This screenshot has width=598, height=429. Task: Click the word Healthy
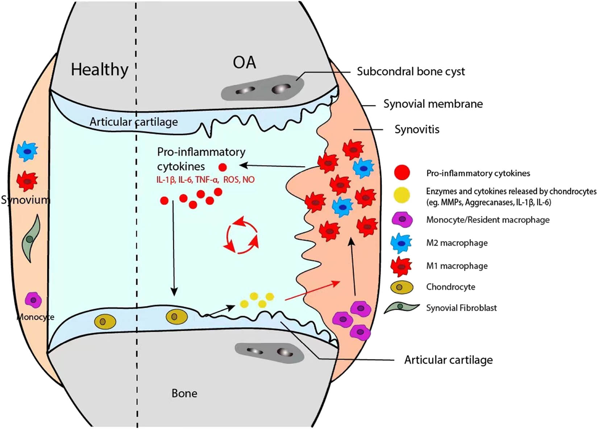pyautogui.click(x=99, y=69)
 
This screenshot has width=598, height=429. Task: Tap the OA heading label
pyautogui.click(x=244, y=62)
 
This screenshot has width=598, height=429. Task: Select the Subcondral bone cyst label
pyautogui.click(x=411, y=71)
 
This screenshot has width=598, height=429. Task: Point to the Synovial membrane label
pyautogui.click(x=433, y=104)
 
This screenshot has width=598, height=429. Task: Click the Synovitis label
pyautogui.click(x=417, y=129)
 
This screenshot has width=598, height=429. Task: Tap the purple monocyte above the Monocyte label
pyautogui.click(x=33, y=300)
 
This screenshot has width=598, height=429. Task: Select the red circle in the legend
pyautogui.click(x=402, y=173)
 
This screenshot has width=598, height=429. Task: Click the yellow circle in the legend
pyautogui.click(x=402, y=195)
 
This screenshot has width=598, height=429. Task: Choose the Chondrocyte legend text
pyautogui.click(x=450, y=287)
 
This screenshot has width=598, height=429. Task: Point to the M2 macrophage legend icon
pyautogui.click(x=401, y=243)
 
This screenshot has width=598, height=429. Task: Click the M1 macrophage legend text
pyautogui.click(x=457, y=266)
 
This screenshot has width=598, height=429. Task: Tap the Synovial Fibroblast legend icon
pyautogui.click(x=401, y=308)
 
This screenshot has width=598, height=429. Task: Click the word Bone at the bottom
pyautogui.click(x=184, y=393)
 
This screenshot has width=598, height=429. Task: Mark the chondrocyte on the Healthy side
pyautogui.click(x=105, y=321)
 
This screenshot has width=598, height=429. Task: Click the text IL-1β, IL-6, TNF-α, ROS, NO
pyautogui.click(x=205, y=180)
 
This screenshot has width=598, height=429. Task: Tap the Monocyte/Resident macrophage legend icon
pyautogui.click(x=402, y=220)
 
